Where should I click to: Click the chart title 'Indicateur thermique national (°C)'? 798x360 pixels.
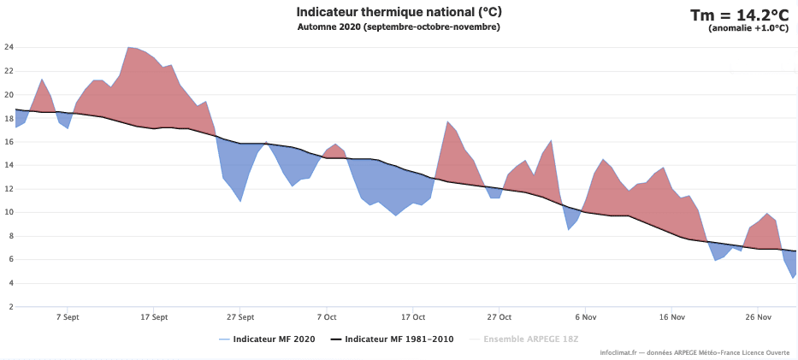(399, 12)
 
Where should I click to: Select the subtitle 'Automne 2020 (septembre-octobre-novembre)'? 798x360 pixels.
(399, 27)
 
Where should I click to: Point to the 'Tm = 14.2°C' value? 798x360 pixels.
(739, 15)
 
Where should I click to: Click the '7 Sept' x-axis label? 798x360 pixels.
(68, 316)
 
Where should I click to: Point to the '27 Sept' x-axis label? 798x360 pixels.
(240, 316)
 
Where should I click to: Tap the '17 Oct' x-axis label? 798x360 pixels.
(413, 316)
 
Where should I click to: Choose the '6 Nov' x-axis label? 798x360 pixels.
(586, 316)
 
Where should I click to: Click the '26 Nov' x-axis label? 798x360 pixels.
(759, 316)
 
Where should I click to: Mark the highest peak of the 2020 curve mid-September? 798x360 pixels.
(128, 47)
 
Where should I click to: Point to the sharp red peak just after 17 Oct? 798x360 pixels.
(447, 121)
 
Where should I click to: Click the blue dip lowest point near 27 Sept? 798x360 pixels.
(240, 201)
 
